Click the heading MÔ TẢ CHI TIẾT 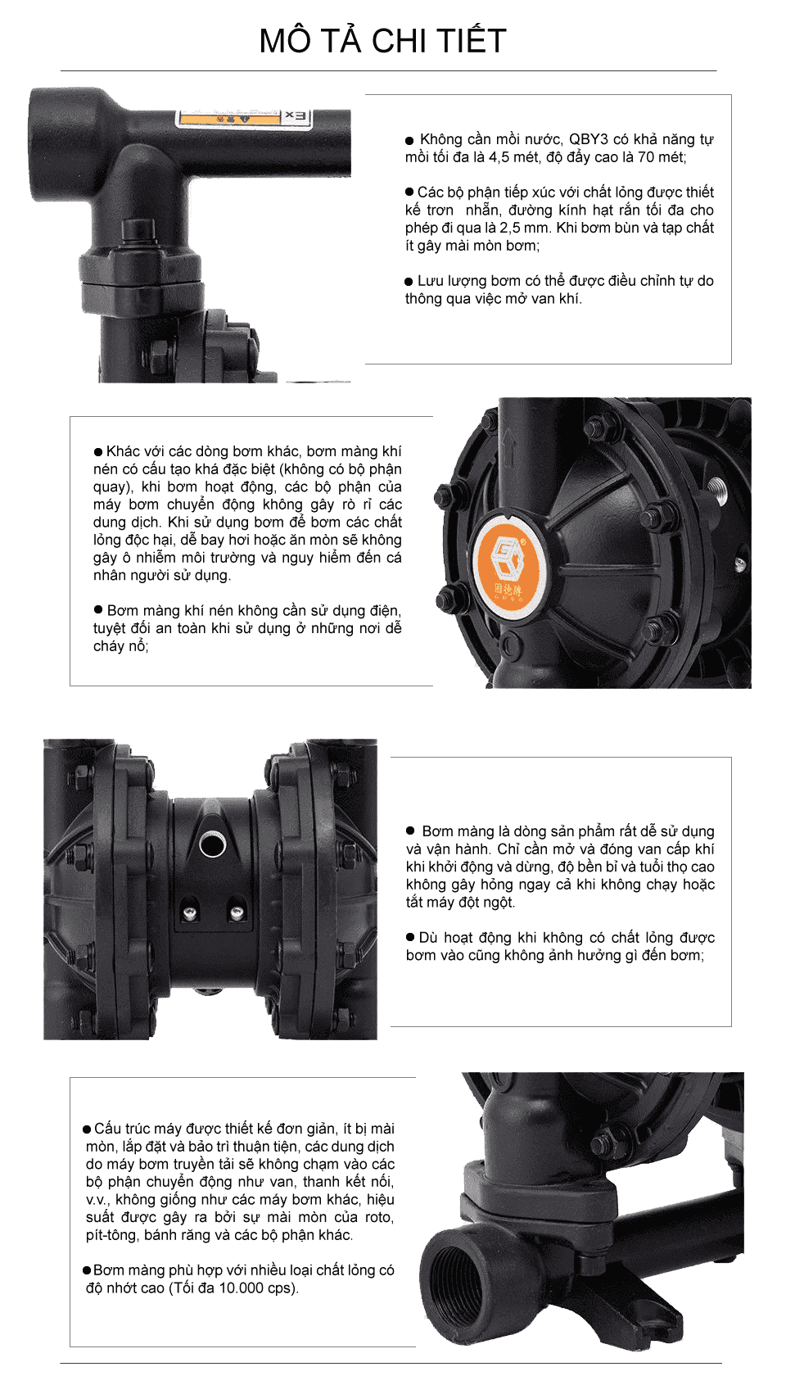coord(382,41)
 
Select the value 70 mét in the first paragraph coord(661,157)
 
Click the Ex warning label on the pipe coord(244,117)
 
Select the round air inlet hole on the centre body coord(213,844)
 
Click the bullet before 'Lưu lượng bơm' coord(409,282)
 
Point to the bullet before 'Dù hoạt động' coord(410,937)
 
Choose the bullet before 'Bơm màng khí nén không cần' coord(97,609)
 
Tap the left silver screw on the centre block coord(190,915)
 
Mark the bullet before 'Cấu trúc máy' coord(87,1129)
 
